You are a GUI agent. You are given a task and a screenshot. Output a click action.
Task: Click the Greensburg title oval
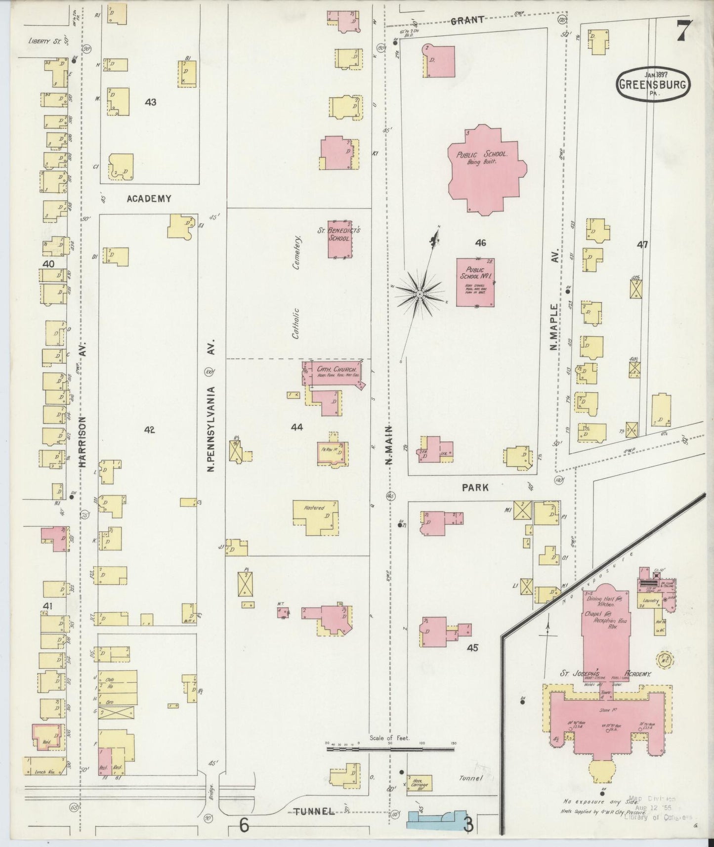coord(653,84)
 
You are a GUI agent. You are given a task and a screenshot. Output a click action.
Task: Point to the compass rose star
coord(419,295)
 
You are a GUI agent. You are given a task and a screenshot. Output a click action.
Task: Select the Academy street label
coord(149,199)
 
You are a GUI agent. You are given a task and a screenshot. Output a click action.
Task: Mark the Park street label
coord(475,488)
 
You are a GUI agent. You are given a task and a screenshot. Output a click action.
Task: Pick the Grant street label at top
coord(466,20)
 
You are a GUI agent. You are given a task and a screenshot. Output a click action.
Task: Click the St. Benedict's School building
coord(340,239)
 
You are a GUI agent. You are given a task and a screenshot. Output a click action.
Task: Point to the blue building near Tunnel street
coord(437,819)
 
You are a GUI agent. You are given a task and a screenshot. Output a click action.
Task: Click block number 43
coord(151,102)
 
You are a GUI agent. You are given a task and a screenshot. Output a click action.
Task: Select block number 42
coord(149,430)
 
